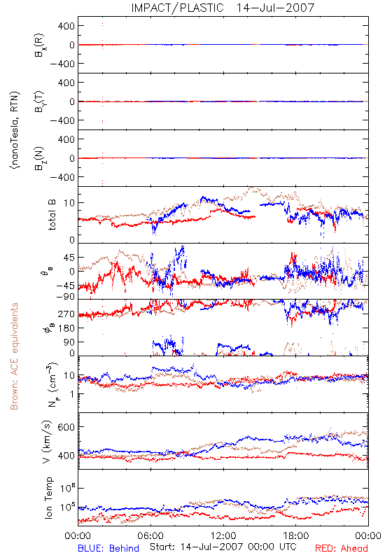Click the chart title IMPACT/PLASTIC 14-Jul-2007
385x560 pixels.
(223, 8)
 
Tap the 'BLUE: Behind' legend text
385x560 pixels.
(108, 548)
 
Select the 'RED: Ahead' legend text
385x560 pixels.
(341, 548)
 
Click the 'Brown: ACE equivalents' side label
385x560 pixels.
(14, 356)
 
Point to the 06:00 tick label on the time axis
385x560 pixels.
(150, 535)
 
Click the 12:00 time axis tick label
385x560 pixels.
(223, 535)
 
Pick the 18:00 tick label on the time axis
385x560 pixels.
(296, 535)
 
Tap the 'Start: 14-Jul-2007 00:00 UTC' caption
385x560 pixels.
(223, 547)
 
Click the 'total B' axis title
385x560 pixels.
(52, 215)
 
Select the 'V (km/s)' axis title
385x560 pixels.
(47, 442)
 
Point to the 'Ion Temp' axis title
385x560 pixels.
(48, 498)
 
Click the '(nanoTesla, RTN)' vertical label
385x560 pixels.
(15, 130)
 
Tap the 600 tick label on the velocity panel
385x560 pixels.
(66, 427)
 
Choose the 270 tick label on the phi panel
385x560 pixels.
(66, 314)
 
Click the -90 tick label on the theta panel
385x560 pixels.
(65, 296)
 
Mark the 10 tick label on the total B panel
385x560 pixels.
(69, 203)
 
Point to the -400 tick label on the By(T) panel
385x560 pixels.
(62, 120)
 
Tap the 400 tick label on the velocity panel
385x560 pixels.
(66, 456)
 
